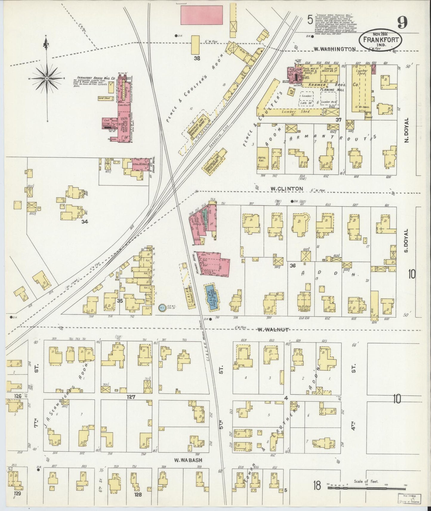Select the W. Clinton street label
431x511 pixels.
click(x=287, y=189)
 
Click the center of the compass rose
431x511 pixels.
click(x=47, y=78)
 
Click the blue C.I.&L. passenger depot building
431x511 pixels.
click(x=211, y=297)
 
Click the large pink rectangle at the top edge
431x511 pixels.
click(x=202, y=15)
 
